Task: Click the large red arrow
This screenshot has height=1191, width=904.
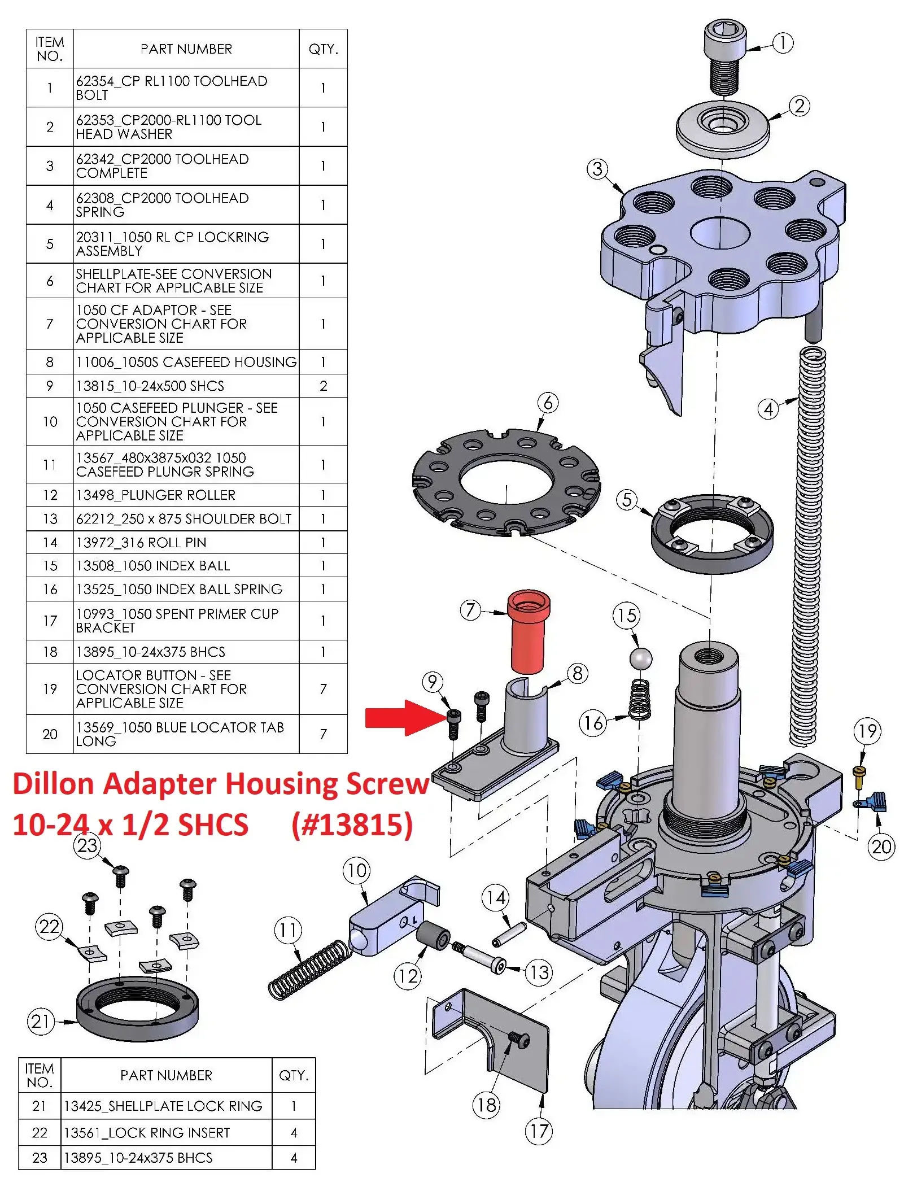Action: [404, 718]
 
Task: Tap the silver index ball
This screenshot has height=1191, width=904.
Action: [640, 658]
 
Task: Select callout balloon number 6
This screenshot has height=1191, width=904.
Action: [548, 403]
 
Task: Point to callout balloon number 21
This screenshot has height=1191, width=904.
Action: [41, 1021]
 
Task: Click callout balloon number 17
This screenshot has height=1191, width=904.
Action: [538, 1131]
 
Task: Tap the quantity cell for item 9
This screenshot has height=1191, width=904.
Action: [323, 386]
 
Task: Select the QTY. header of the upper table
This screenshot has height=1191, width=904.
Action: [323, 49]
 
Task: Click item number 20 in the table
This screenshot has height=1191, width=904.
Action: [50, 734]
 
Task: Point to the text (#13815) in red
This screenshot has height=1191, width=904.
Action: [352, 824]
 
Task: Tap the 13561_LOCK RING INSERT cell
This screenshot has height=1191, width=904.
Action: [147, 1133]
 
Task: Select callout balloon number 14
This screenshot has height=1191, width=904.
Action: [496, 898]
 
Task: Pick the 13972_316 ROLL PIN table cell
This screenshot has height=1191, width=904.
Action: [141, 543]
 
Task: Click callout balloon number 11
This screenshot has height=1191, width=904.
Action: [288, 930]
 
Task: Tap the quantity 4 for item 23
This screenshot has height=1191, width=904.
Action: [294, 1158]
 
